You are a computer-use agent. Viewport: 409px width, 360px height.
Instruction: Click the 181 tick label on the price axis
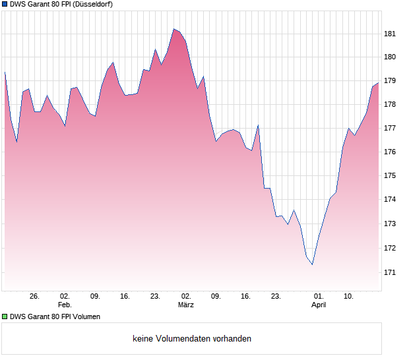pyautogui.click(x=390, y=34)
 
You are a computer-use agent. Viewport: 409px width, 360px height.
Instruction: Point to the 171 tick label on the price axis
pyautogui.click(x=390, y=272)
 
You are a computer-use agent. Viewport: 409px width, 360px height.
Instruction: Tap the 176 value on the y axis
pyautogui.click(x=390, y=152)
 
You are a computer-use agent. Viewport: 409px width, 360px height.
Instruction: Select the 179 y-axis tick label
pyautogui.click(x=390, y=81)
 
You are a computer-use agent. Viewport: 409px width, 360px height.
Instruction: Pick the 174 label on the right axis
pyautogui.click(x=390, y=200)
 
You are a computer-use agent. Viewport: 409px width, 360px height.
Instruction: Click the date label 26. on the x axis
pyautogui.click(x=35, y=297)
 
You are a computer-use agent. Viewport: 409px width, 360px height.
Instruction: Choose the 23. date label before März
pyautogui.click(x=155, y=297)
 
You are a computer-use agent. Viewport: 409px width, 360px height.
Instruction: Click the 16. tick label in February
pyautogui.click(x=125, y=297)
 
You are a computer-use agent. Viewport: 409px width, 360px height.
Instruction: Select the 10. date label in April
pyautogui.click(x=350, y=297)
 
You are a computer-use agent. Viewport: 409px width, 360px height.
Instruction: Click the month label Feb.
pyautogui.click(x=64, y=305)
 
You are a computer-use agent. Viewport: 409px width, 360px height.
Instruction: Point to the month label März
pyautogui.click(x=185, y=305)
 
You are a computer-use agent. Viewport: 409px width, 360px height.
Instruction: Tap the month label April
pyautogui.click(x=319, y=305)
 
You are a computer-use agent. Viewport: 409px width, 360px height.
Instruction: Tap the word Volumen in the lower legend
pyautogui.click(x=86, y=316)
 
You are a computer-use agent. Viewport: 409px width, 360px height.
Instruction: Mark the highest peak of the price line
pyautogui.click(x=173, y=29)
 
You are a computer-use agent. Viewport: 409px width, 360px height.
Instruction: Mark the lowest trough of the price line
pyautogui.click(x=312, y=264)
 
